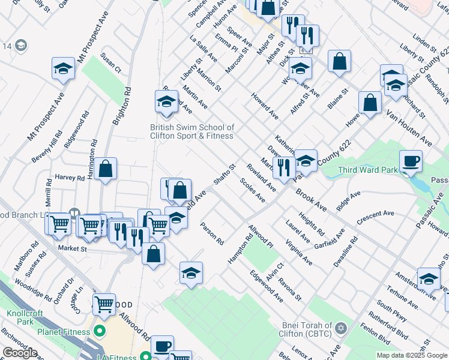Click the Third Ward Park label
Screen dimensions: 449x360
click(367, 170)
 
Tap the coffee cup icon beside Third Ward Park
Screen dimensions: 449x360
click(411, 161)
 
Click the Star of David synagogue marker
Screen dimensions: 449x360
click(341, 328)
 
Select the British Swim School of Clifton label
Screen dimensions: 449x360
click(192, 131)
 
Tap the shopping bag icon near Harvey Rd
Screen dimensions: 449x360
click(105, 170)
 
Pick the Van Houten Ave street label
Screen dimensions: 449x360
click(409, 128)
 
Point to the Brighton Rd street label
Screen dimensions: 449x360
click(121, 106)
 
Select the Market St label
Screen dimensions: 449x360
click(72, 248)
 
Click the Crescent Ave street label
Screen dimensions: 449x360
click(375, 217)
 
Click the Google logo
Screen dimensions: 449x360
click(20, 353)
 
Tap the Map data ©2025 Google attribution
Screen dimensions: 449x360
click(412, 355)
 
